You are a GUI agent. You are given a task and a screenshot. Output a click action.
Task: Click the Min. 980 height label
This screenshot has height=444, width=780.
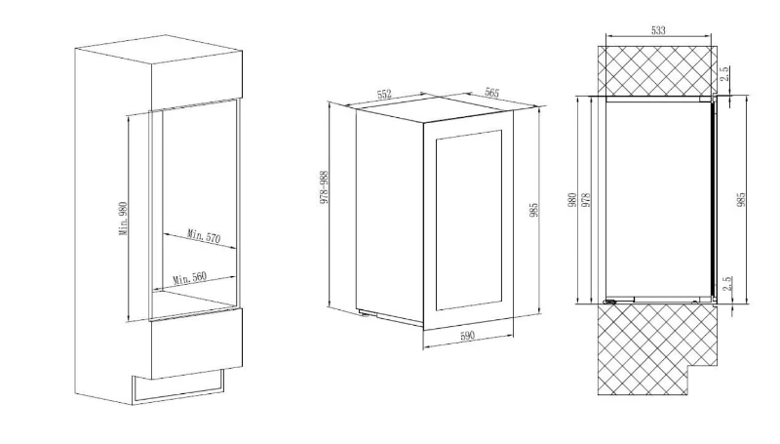124,219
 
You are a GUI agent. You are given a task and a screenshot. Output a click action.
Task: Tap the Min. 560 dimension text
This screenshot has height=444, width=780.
189,277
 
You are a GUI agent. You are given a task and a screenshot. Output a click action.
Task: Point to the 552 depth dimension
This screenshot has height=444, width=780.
384,94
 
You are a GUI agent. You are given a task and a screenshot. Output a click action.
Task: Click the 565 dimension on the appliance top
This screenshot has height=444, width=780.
491,93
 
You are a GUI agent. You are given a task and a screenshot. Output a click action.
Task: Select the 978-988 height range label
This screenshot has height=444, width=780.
325,187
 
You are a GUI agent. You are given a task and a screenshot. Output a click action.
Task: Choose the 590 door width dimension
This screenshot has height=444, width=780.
467,336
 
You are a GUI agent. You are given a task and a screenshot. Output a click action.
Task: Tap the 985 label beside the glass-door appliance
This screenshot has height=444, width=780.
533,210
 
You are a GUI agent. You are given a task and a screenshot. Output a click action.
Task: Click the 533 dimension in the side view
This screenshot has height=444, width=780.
658,30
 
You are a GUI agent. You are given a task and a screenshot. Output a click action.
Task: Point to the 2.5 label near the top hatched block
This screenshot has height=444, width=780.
724,73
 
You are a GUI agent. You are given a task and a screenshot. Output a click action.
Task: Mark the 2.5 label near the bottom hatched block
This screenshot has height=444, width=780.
727,284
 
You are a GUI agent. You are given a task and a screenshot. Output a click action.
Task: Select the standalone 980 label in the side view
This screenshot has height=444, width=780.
572,200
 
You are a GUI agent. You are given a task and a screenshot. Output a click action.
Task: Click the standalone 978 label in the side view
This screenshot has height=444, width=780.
586,200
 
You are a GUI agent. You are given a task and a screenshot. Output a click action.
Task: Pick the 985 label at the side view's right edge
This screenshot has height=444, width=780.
741,199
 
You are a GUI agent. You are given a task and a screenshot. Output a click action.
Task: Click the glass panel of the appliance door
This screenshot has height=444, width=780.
469,220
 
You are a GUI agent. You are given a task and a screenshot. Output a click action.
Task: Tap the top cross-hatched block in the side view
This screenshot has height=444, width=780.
657,70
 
